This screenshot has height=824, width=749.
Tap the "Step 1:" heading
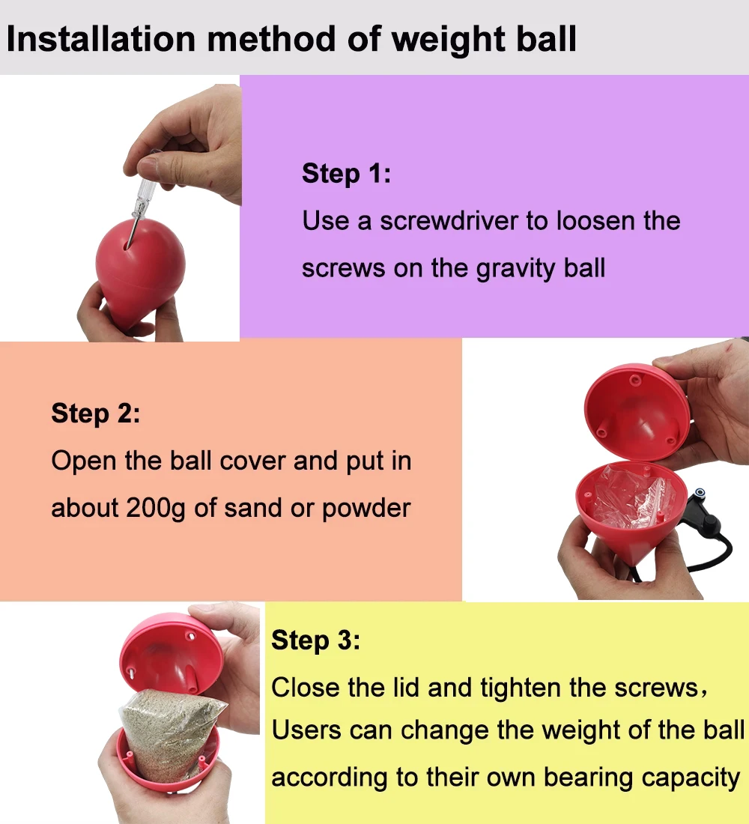[346, 174]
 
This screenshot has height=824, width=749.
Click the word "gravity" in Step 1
[517, 268]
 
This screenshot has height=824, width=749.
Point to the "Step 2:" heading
[95, 413]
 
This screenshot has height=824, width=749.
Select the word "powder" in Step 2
[366, 509]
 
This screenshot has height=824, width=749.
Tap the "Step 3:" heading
[315, 640]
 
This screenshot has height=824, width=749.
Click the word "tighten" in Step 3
[524, 687]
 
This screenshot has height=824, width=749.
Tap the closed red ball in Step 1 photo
[140, 266]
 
